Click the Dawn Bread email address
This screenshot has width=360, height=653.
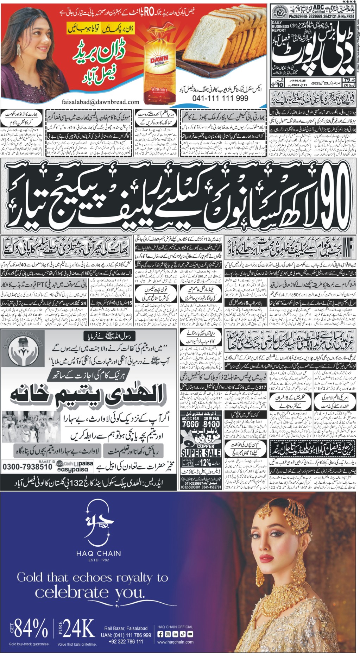(100, 102)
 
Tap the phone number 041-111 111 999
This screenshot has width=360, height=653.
(220, 99)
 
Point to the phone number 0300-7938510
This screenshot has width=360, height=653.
(27, 467)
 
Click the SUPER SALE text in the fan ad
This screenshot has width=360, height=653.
(201, 453)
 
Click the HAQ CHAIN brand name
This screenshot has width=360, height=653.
(99, 553)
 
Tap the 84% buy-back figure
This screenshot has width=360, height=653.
(31, 628)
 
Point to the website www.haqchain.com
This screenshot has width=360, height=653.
(175, 642)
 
